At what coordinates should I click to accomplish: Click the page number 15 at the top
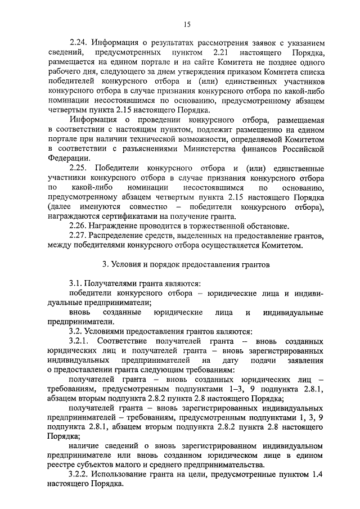coord(187,23)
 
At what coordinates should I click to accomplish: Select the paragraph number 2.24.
coord(78,43)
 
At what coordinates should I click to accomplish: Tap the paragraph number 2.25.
coord(79,169)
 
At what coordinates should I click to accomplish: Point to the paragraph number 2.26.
coord(78,226)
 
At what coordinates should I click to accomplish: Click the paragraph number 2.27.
coord(78,236)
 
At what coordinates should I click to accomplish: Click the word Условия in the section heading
coord(127,263)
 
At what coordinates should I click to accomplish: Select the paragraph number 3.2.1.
coord(80,341)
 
